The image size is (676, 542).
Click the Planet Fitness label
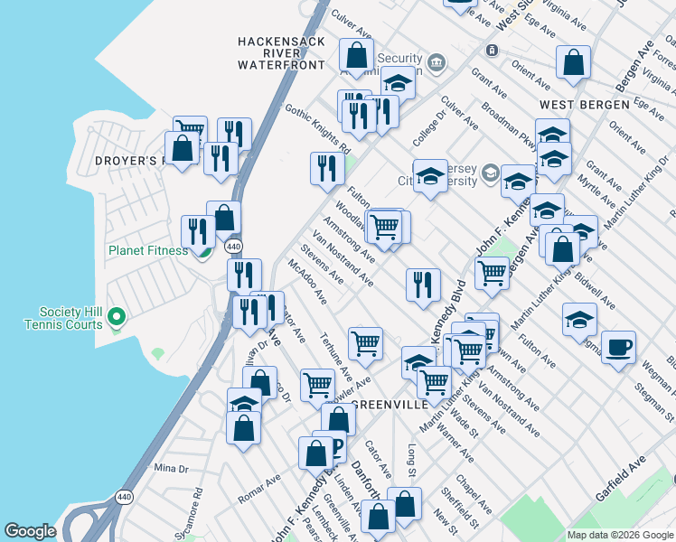pyautogui.click(x=149, y=250)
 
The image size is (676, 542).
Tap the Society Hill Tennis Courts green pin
pyautogui.click(x=115, y=317)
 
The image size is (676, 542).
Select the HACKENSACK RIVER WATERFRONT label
pyautogui.click(x=280, y=53)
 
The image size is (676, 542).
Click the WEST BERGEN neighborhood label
pyautogui.click(x=584, y=105)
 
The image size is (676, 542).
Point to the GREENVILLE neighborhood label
pyautogui.click(x=390, y=404)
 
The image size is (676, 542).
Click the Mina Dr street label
pyautogui.click(x=171, y=468)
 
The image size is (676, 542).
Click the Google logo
pyautogui.click(x=30, y=531)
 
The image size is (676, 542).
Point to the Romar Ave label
pyautogui.click(x=259, y=489)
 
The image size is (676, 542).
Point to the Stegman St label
pyautogui.click(x=652, y=395)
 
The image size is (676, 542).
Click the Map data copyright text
pyautogui.click(x=620, y=535)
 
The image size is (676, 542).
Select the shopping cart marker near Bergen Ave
pyautogui.click(x=493, y=271)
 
